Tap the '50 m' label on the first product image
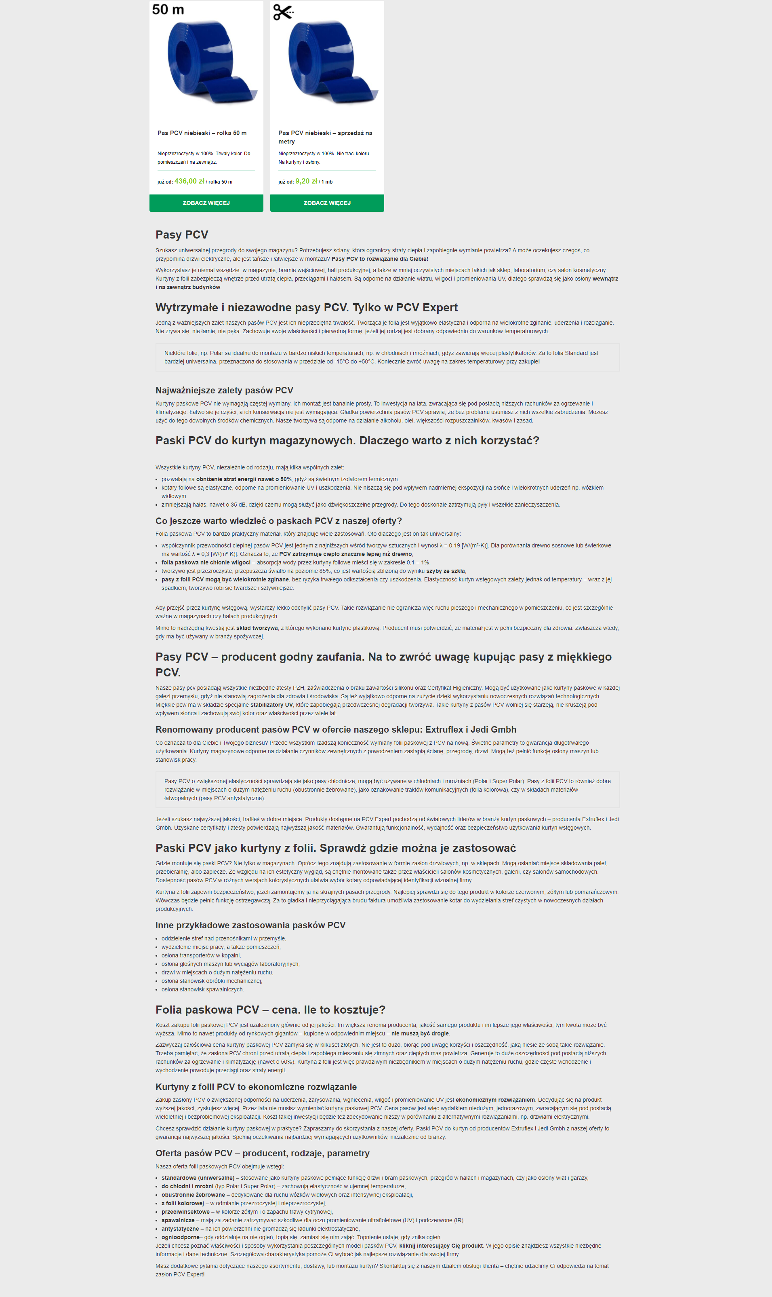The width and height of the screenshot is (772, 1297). [x=168, y=10]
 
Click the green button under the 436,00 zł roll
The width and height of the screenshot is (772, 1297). [x=206, y=203]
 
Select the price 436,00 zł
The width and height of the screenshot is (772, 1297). [x=189, y=181]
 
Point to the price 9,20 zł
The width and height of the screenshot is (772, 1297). [x=306, y=181]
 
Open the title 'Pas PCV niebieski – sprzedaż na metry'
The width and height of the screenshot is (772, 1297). [x=325, y=137]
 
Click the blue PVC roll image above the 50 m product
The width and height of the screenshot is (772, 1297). [x=206, y=62]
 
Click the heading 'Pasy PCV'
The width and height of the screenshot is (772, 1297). [x=181, y=235]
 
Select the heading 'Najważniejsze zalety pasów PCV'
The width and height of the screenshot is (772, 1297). [x=224, y=390]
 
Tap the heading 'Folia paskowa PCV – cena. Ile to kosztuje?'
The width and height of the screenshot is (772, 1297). [x=270, y=1010]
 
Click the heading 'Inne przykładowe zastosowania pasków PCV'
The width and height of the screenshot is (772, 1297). [x=250, y=925]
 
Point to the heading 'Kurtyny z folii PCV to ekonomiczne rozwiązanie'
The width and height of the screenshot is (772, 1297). [x=256, y=1087]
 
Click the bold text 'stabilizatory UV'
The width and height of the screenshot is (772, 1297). [x=271, y=705]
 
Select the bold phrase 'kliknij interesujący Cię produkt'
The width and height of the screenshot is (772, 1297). [x=441, y=1246]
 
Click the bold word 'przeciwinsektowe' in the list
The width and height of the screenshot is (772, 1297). [x=185, y=1212]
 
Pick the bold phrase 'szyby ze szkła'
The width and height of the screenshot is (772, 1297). [x=445, y=571]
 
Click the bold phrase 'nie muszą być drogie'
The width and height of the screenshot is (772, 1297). [x=420, y=1034]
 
